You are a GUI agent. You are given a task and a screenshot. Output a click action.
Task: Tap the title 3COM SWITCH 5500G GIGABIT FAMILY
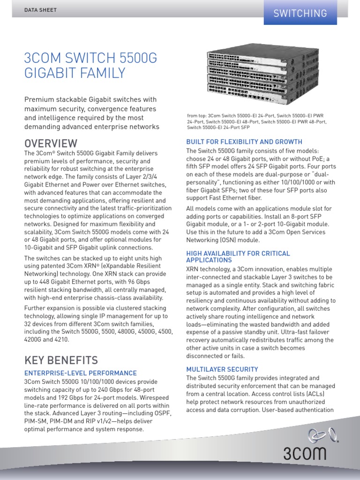tap(90, 66)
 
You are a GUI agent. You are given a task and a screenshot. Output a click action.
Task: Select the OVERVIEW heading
tap(51, 143)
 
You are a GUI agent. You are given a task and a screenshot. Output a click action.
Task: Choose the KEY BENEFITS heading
tap(61, 360)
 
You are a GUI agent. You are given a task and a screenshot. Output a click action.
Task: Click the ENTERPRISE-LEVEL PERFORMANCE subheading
tap(80, 373)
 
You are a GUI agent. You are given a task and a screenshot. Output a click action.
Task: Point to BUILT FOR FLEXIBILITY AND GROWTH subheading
tap(244, 142)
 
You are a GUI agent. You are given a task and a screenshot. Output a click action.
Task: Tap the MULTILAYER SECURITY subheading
tap(222, 369)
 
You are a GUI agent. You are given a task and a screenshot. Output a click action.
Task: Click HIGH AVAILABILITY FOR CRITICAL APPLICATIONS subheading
tap(238, 256)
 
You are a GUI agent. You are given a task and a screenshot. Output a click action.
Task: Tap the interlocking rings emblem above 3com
tap(323, 436)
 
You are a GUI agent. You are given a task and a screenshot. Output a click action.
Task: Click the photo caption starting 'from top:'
tap(258, 121)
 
